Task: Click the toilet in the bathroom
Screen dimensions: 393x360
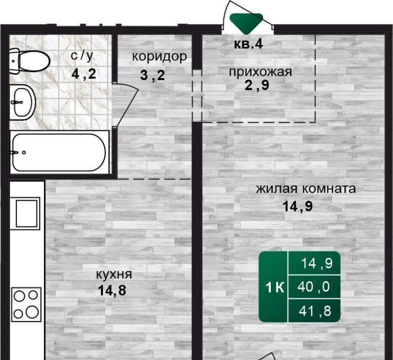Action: [29, 61]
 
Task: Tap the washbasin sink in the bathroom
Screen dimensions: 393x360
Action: [22, 102]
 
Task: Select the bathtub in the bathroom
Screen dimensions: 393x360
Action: [59, 152]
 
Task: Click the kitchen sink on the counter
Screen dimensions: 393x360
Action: [26, 213]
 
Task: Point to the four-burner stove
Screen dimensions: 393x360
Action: [26, 304]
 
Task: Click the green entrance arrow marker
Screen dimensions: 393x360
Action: [246, 23]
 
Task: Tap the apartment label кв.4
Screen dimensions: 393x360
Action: [248, 45]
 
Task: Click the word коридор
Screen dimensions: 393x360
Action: [159, 56]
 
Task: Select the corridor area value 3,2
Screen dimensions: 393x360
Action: [153, 75]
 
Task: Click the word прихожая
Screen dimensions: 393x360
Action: [261, 72]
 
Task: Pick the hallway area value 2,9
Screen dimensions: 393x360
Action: [257, 85]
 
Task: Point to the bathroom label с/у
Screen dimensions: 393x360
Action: [82, 56]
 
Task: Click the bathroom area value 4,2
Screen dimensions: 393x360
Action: [84, 74]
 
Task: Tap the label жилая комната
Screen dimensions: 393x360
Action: [306, 189]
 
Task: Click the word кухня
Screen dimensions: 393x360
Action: [114, 275]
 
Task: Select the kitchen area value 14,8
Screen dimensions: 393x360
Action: [112, 291]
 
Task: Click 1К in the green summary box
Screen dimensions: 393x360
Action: [275, 287]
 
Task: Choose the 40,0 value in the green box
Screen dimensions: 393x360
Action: [313, 286]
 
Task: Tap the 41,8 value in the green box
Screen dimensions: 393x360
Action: [315, 311]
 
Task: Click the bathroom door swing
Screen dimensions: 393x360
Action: [125, 105]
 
